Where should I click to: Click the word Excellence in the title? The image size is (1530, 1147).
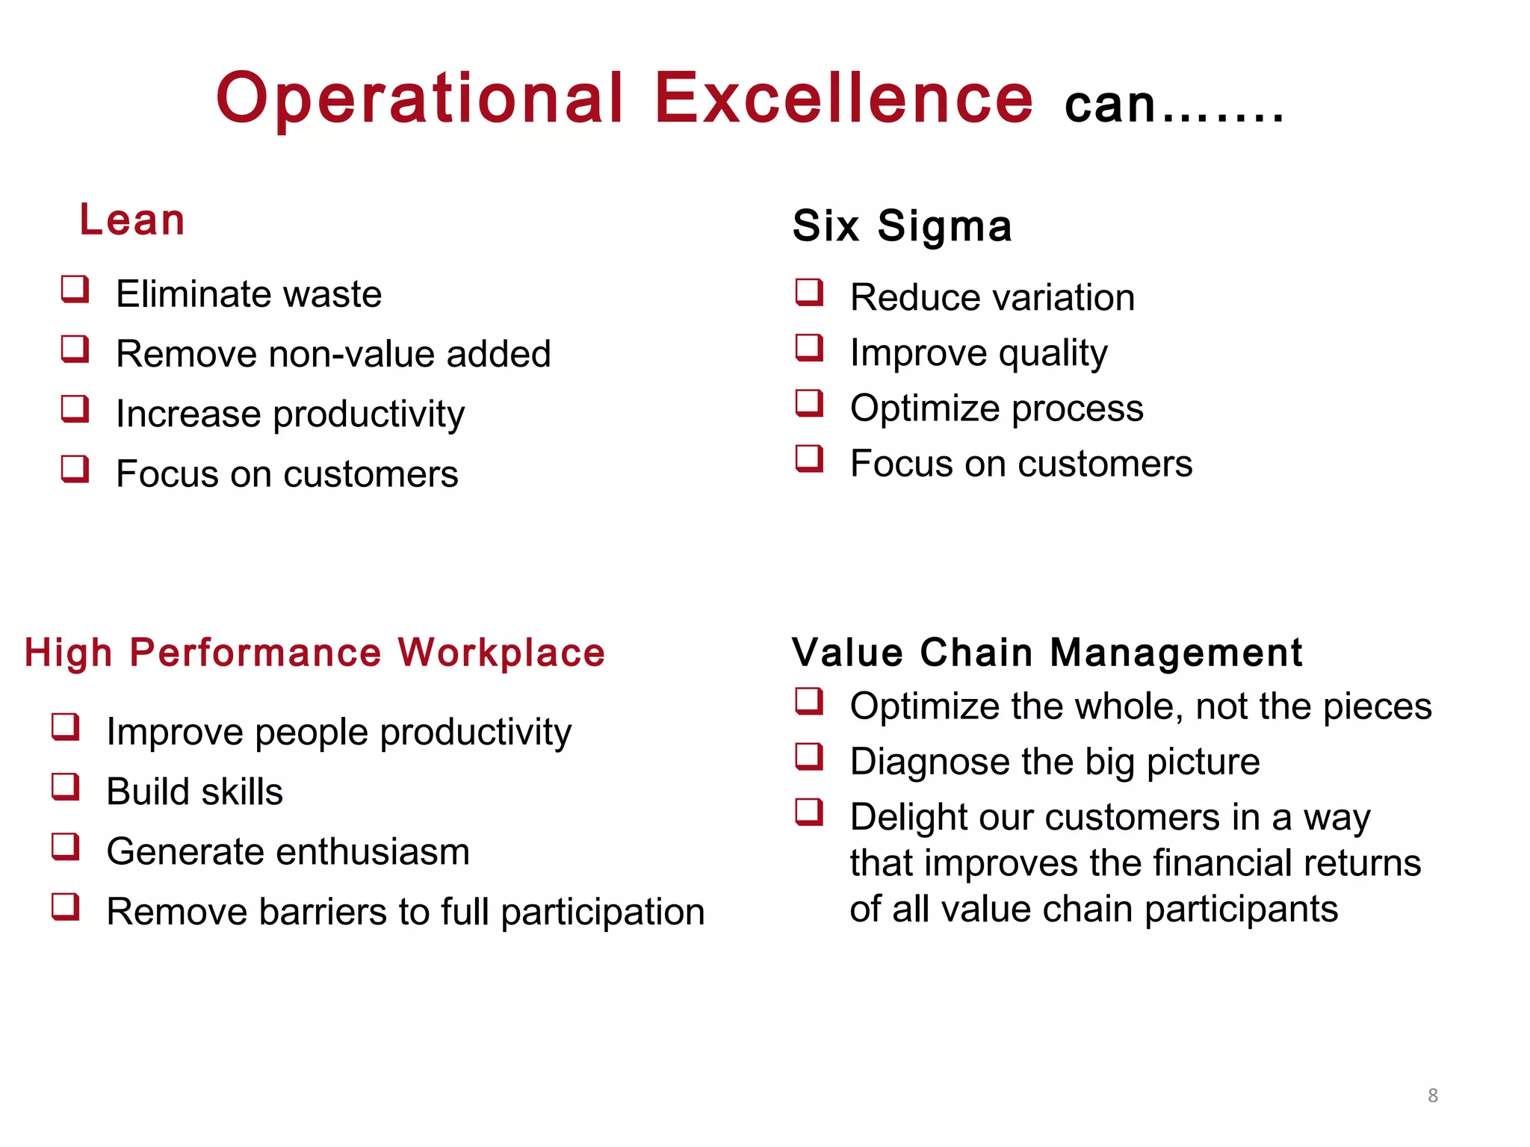click(x=843, y=98)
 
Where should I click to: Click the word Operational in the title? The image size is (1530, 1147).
click(x=420, y=98)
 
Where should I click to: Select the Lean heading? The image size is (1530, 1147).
click(x=132, y=220)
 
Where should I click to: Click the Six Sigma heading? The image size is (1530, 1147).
click(x=902, y=226)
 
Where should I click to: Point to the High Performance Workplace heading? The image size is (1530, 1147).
click(x=315, y=653)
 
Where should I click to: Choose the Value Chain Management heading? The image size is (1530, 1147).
click(x=1047, y=653)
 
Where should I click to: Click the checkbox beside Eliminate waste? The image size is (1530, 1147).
click(x=75, y=289)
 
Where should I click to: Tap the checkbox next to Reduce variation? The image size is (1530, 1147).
click(x=809, y=292)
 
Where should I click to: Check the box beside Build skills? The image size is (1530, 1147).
click(x=66, y=786)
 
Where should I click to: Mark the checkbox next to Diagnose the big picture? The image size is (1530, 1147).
click(x=809, y=756)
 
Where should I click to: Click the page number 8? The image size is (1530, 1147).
click(x=1432, y=1095)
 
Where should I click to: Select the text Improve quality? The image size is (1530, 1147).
click(x=979, y=352)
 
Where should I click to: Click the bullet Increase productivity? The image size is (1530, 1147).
click(x=290, y=414)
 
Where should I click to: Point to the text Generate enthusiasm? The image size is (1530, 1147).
click(x=288, y=851)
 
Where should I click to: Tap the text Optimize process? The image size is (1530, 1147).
click(x=997, y=408)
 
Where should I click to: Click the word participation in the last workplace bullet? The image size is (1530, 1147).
click(x=602, y=913)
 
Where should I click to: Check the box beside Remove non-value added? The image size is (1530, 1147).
click(x=75, y=349)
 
